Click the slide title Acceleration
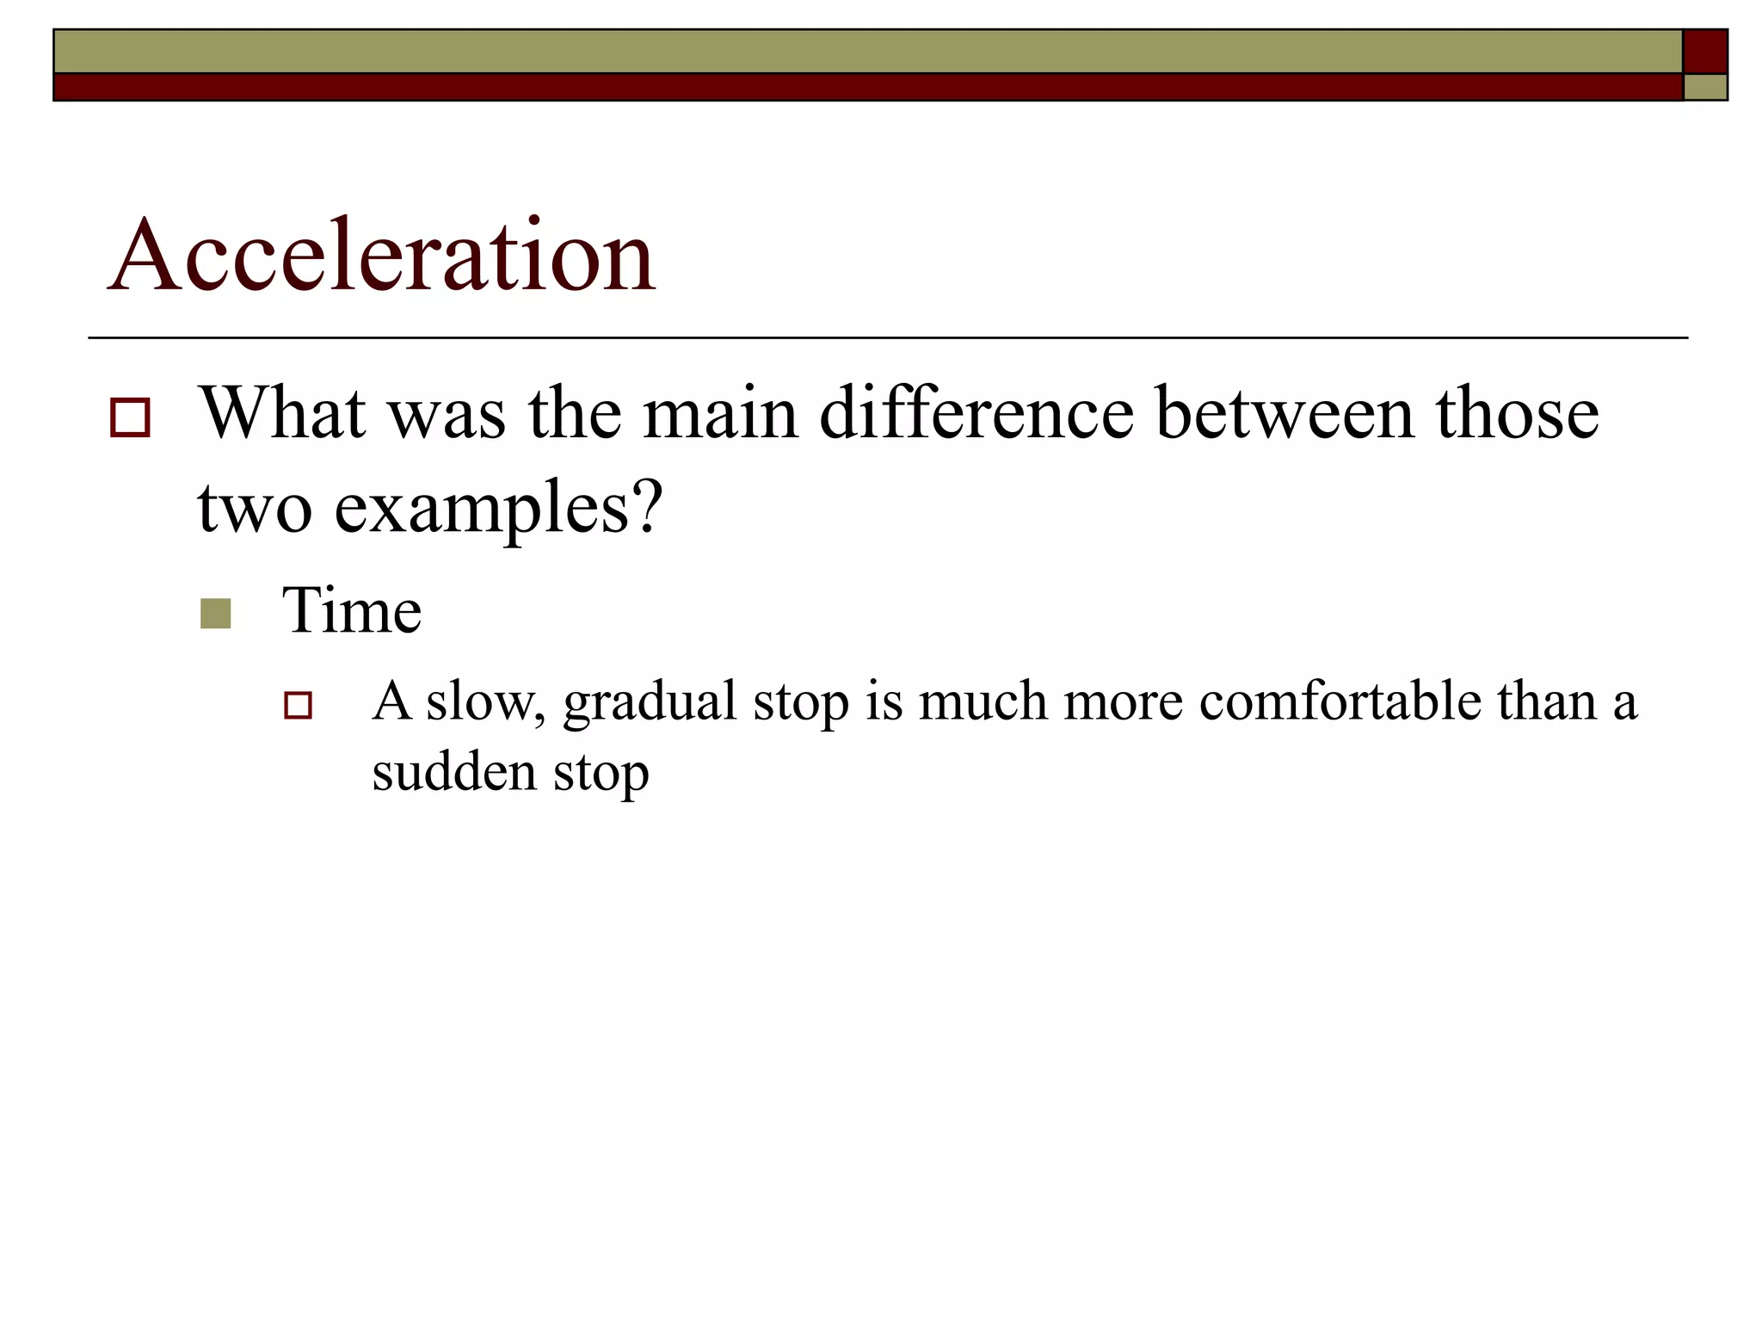(382, 256)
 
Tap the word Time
(352, 610)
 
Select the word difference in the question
(976, 414)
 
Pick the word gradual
(650, 702)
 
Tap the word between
(1285, 414)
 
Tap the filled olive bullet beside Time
(215, 614)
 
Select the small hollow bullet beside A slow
(298, 705)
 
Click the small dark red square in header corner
(1704, 51)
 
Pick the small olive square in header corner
(1704, 87)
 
